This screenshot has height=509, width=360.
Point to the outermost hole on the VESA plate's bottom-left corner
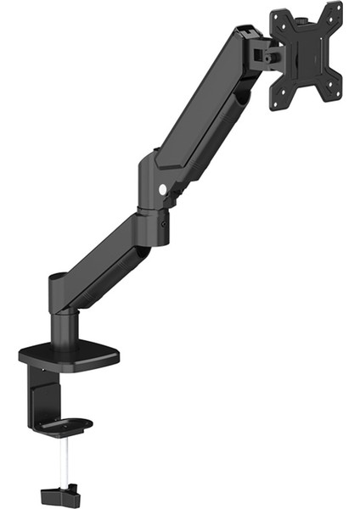point(278,103)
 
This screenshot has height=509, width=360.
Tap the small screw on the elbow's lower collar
point(163,223)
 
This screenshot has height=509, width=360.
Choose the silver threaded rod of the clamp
point(64,458)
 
